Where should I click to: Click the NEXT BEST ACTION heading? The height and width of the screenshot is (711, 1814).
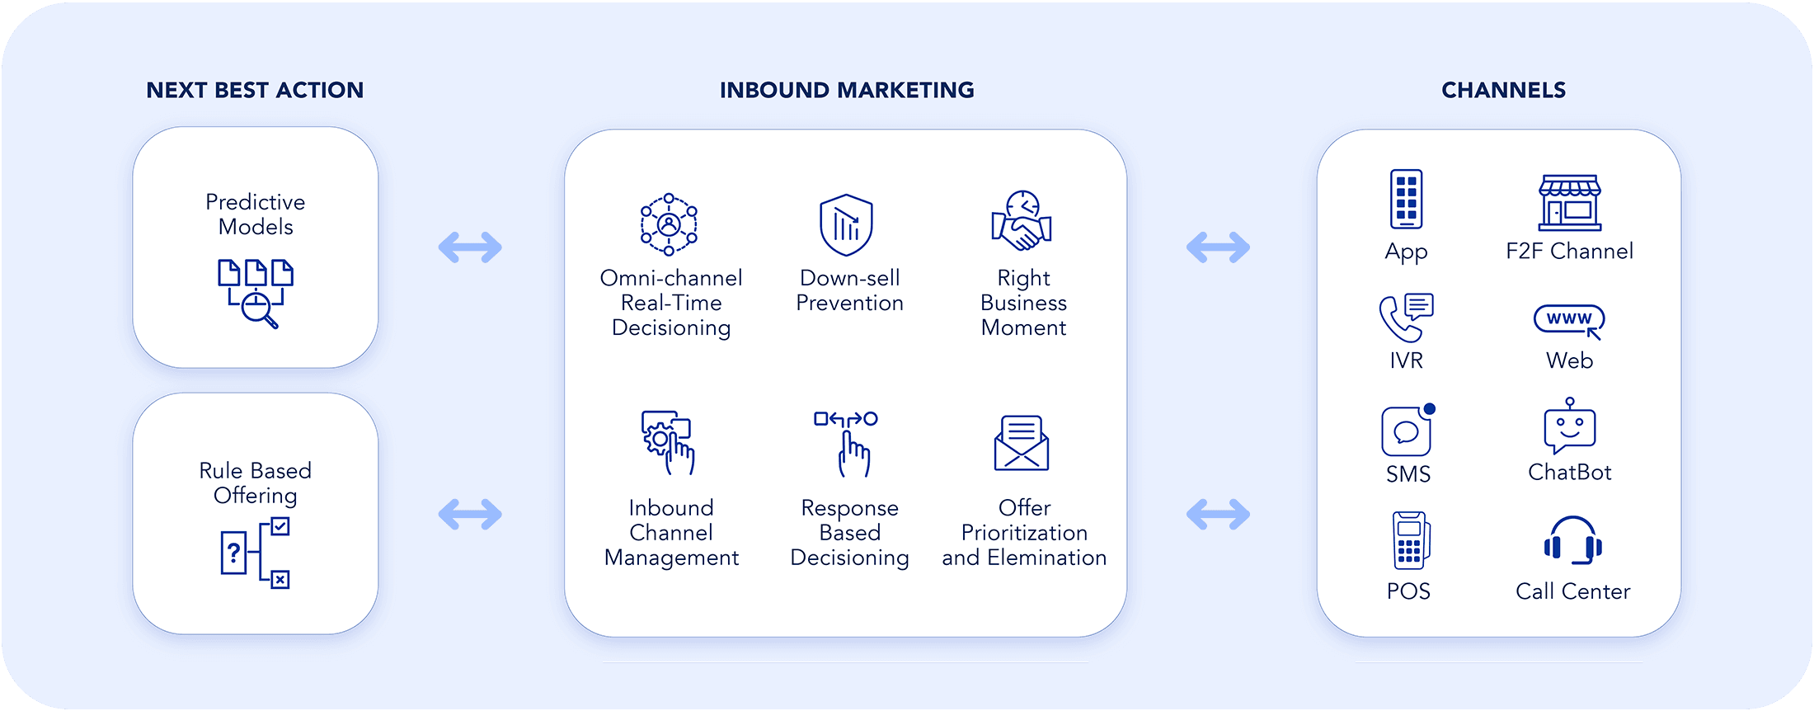point(255,90)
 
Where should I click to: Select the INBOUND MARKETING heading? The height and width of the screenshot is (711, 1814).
point(847,90)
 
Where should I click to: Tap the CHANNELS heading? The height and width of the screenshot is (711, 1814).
point(1503,90)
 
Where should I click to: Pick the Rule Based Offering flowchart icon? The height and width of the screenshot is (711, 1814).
point(256,553)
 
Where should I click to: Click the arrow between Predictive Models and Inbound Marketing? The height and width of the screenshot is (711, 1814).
point(470,247)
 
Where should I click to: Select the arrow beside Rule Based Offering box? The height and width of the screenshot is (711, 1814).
point(470,514)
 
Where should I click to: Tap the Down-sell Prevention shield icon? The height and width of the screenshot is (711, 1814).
point(846,224)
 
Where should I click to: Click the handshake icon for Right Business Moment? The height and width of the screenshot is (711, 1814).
point(1022,221)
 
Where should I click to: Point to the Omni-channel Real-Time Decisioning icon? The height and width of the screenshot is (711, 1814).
point(669,224)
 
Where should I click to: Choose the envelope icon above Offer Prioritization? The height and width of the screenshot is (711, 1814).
point(1022,443)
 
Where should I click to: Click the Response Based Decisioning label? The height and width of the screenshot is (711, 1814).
point(849,533)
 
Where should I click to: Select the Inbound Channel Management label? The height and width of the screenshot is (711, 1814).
point(671,533)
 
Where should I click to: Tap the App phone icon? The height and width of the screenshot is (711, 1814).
point(1406,199)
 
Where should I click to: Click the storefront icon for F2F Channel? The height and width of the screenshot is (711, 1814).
point(1569,202)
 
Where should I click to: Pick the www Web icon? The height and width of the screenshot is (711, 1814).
point(1569,320)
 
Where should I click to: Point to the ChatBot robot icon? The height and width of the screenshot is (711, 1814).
point(1569,426)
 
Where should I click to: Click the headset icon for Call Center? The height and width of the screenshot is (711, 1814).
point(1572,541)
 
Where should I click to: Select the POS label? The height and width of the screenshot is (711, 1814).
point(1408,591)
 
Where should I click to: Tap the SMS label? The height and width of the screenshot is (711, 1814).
point(1408,474)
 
